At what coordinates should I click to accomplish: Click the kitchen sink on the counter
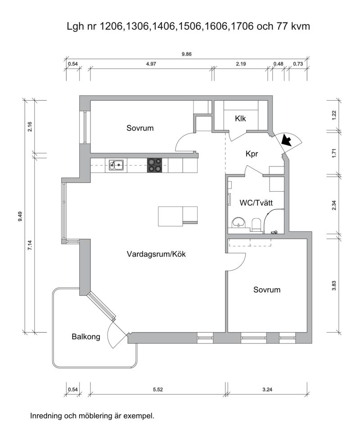116,165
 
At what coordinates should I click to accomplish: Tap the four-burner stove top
155,165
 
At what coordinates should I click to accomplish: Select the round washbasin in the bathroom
239,223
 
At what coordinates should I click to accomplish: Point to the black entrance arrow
286,140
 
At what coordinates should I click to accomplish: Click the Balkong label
86,337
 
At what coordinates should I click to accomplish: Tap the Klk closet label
240,119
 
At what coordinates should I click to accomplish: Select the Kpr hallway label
252,154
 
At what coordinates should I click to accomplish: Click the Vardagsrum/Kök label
156,254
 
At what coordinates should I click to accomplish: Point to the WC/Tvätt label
256,203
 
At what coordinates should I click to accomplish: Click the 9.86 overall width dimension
186,54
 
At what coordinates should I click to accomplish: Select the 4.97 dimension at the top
151,64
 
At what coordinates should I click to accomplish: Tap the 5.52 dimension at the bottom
158,389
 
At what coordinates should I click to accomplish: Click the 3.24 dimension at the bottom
267,389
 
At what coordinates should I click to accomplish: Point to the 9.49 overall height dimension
20,216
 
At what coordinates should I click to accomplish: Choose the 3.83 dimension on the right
334,286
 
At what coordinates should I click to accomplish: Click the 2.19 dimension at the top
241,64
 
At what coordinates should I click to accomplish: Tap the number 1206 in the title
111,26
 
